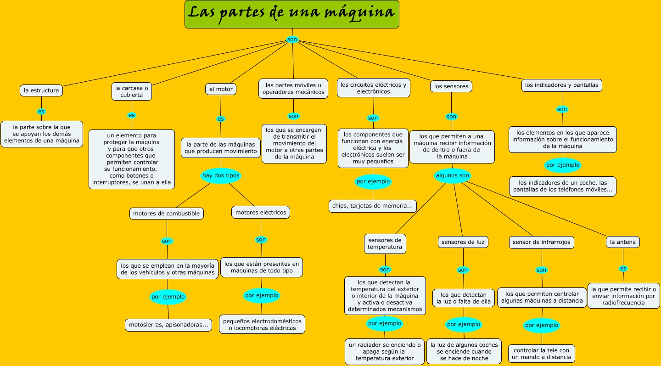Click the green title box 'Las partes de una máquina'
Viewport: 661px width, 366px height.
[x=292, y=14]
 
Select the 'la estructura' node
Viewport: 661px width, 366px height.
[x=41, y=90]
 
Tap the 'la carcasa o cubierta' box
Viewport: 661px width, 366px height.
[x=132, y=91]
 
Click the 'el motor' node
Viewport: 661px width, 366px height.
[x=221, y=89]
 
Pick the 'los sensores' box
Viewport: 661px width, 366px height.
[x=451, y=86]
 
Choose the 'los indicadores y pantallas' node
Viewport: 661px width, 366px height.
[x=562, y=85]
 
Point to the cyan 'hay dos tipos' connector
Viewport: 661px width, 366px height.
[x=221, y=175]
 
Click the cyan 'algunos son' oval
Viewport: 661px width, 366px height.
[x=453, y=175]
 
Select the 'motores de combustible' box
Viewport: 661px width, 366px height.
[x=166, y=214]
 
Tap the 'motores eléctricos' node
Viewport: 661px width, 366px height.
[x=261, y=212]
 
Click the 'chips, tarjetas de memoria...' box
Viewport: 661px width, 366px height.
[x=373, y=206]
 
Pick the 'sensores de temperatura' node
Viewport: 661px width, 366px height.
[x=385, y=243]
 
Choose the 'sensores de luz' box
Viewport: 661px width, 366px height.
[x=463, y=242]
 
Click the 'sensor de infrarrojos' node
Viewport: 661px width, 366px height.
[x=542, y=242]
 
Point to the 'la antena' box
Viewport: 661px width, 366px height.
[x=623, y=242]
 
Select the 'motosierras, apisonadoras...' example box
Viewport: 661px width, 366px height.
[x=168, y=325]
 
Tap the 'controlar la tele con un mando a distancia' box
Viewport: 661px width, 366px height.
[x=542, y=354]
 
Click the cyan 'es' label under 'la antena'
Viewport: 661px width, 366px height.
[x=623, y=269]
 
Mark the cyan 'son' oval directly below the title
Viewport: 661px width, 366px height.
[x=292, y=39]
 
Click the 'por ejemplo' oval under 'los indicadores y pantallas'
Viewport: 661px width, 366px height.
[x=563, y=165]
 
